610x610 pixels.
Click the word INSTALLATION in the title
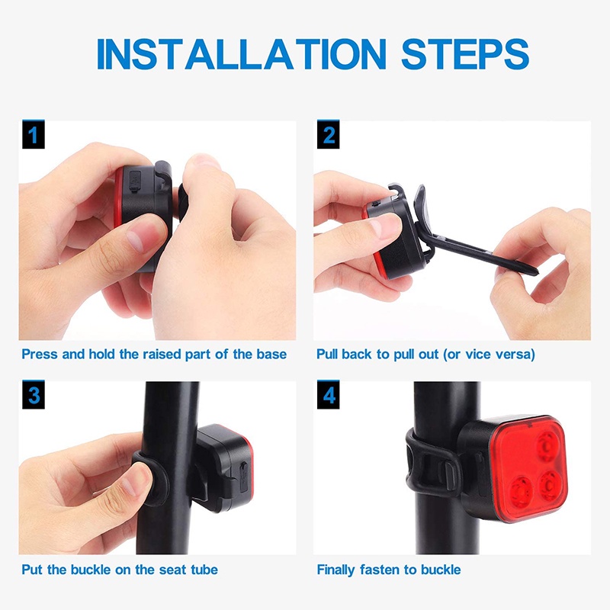241,54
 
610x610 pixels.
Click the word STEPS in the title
465,54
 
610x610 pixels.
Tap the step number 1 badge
33,135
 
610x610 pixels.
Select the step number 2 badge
329,135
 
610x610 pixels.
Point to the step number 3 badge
33,395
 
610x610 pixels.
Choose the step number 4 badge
329,395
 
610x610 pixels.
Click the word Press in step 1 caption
40,354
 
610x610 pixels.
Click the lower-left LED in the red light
520,491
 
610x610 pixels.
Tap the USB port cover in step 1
135,180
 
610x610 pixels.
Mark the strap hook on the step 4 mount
448,474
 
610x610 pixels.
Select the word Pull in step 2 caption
327,354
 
